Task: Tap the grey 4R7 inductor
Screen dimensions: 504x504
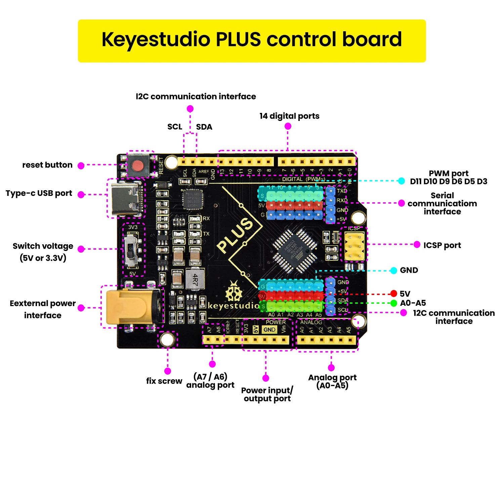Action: pos(195,279)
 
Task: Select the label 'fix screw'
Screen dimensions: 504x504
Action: pos(164,381)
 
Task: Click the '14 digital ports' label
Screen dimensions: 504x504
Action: pos(289,116)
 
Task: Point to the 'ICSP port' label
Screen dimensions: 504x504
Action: pos(442,245)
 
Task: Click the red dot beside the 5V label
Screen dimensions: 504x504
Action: pos(394,294)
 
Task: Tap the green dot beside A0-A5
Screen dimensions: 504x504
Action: pos(394,303)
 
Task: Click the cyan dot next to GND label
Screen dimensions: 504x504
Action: pos(394,270)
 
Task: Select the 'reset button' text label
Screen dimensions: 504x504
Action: pos(47,165)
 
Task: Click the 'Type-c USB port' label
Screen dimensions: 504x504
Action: pos(39,193)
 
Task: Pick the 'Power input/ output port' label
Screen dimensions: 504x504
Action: pos(267,394)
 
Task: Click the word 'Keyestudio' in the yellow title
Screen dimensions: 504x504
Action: pos(156,39)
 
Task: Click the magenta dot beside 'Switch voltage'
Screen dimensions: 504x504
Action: pos(81,249)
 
